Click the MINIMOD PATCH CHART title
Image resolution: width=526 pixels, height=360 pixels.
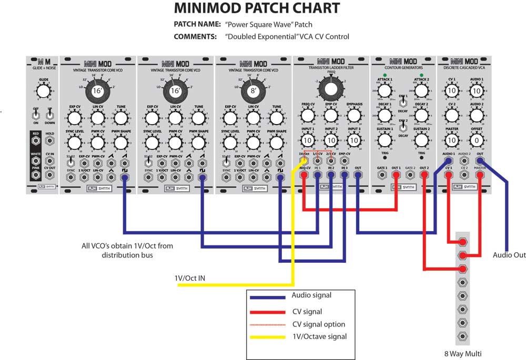coord(257,8)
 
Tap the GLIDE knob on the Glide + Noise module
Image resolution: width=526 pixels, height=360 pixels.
coord(44,91)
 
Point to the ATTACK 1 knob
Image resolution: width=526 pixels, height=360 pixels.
coord(385,90)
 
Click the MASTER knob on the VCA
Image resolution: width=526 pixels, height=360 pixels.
coord(451,141)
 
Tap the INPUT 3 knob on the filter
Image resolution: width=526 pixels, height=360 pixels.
coord(354,140)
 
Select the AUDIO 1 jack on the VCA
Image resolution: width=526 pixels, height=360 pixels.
coord(448,160)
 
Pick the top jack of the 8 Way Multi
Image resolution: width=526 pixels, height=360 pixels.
coord(462,242)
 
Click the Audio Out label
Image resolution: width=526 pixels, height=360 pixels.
coord(509,255)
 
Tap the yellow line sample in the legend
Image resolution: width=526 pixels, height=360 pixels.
coord(269,336)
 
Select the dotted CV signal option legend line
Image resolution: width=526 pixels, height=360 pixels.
coord(269,324)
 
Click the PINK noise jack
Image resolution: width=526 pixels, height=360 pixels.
coord(36,175)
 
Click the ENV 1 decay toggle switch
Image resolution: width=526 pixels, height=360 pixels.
coord(402,104)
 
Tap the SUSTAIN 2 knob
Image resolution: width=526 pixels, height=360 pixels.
coord(421,140)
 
